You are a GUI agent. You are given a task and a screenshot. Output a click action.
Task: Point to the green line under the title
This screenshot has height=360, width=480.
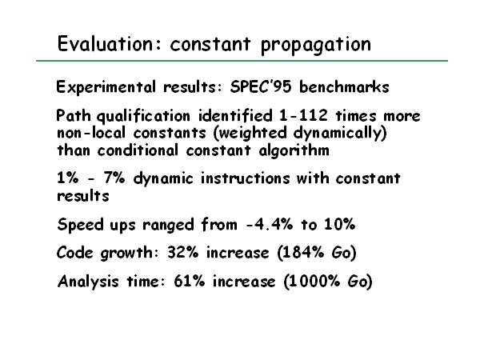point(242,61)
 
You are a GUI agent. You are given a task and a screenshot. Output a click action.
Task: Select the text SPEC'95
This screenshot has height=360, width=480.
point(261,86)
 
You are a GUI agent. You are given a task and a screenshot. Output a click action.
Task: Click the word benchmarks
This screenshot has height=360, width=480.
point(344,86)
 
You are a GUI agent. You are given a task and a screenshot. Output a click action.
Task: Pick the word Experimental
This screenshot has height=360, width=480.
point(106,87)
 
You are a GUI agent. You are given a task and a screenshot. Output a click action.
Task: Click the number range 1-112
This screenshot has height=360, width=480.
point(303,116)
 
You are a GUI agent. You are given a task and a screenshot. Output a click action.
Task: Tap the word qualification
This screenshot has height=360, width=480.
point(143,116)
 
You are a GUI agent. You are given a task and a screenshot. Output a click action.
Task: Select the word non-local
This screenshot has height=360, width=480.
point(91,133)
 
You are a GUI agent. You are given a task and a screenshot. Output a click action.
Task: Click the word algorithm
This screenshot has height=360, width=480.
point(294,151)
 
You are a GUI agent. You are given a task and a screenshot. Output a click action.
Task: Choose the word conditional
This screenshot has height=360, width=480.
point(138,150)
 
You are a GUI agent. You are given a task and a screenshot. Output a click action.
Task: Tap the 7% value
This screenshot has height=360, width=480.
point(114,178)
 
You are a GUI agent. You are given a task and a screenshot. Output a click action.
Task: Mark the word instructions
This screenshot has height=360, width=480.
point(246,178)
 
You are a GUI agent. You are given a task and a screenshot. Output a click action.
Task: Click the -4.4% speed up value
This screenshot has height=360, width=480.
point(270,224)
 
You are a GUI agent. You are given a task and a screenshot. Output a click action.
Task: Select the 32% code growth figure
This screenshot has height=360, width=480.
point(182,253)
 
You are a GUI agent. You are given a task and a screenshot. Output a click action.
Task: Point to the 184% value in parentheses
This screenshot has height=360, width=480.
point(303,253)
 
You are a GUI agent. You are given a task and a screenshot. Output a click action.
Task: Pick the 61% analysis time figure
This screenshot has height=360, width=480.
point(190,281)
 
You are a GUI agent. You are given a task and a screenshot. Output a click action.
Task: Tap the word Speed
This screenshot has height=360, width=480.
point(81,225)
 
